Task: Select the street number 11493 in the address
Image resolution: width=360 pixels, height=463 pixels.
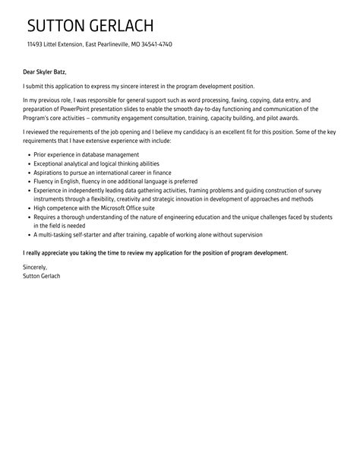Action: pyautogui.click(x=34, y=44)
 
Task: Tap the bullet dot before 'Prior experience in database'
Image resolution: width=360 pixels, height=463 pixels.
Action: pyautogui.click(x=27, y=154)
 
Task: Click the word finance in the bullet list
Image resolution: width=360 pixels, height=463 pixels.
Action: pyautogui.click(x=159, y=173)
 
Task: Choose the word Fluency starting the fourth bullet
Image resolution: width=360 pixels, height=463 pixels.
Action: pyautogui.click(x=44, y=182)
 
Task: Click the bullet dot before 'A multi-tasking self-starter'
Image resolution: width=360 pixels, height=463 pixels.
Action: pyautogui.click(x=27, y=235)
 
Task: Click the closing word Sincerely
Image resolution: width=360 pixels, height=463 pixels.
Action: pyautogui.click(x=35, y=267)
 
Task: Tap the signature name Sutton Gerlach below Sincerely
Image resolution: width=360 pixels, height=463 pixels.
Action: pyautogui.click(x=43, y=275)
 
